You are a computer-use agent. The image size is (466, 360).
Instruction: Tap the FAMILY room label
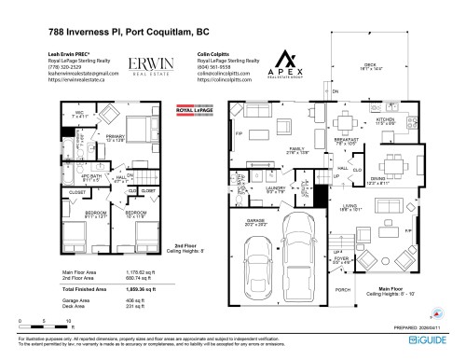[x=297, y=148]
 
